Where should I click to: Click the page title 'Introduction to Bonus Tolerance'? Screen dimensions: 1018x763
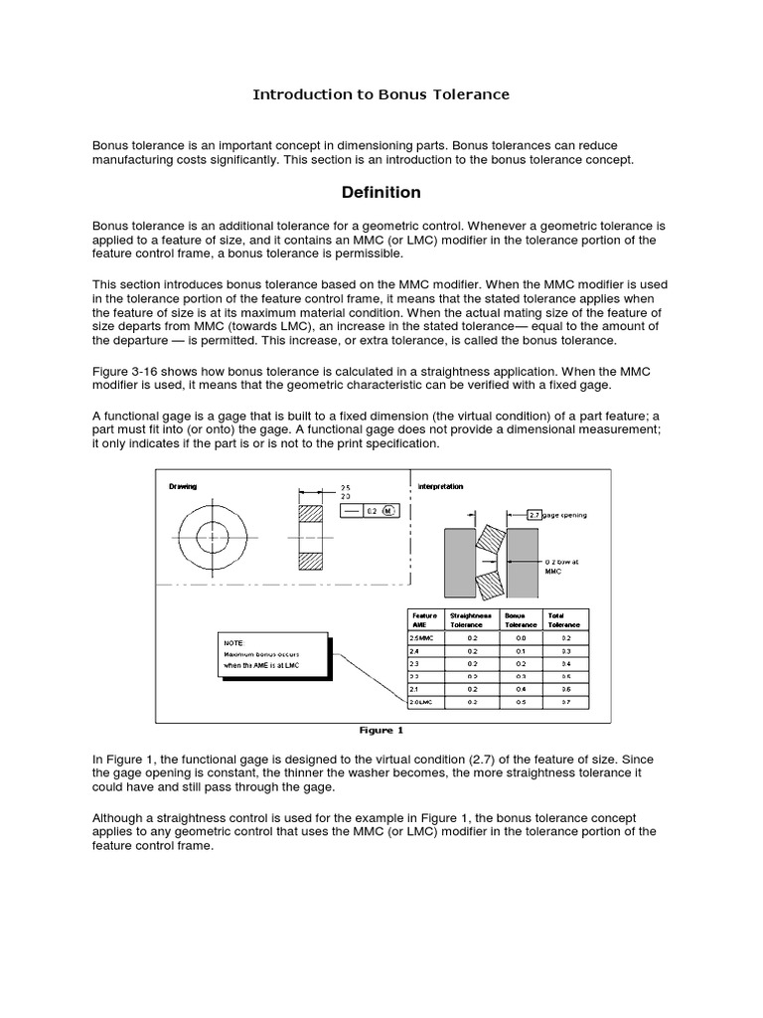381,94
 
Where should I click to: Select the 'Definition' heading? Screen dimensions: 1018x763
381,192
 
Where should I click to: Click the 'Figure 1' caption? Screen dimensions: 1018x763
381,731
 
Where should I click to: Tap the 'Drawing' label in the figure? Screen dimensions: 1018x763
183,486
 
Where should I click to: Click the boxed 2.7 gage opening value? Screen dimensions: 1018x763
533,515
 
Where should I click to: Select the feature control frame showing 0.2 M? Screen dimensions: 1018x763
369,510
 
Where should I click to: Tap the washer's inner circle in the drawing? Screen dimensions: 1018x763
212,538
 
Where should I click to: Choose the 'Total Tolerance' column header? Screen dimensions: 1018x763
563,619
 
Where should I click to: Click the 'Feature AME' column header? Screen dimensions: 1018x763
425,619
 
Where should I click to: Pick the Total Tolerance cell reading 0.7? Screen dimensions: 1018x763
565,702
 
